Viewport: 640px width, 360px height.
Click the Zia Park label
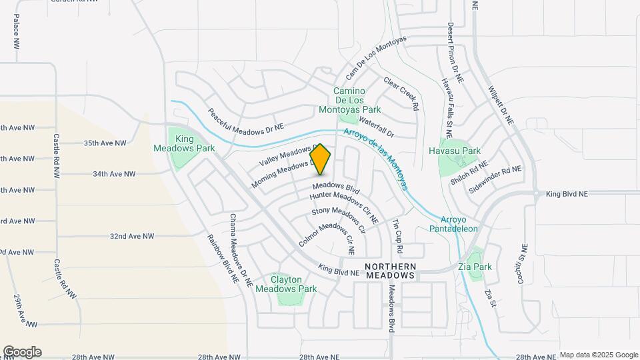475,267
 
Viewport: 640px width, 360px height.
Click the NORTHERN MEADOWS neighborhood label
391,270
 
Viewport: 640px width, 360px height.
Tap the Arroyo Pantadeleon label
459,224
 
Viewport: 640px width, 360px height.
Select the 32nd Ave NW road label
132,236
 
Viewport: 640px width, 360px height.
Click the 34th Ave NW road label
114,174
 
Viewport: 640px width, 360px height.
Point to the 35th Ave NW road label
105,143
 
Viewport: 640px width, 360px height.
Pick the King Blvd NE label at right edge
567,194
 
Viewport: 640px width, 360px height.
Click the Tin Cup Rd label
398,236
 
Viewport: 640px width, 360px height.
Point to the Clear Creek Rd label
401,93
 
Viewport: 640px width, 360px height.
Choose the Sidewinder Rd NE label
494,180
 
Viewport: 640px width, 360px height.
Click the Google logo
22,352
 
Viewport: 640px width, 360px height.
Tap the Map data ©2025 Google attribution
599,355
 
